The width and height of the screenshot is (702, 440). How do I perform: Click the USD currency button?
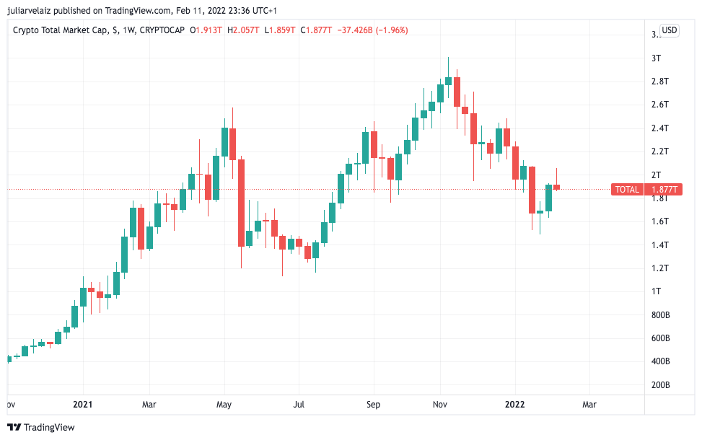(670, 30)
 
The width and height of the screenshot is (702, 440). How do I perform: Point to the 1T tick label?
(655, 291)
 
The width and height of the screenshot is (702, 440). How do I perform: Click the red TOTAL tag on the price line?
(626, 190)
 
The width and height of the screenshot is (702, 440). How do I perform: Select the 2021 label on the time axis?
(83, 405)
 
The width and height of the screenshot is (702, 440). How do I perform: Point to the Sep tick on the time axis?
(373, 405)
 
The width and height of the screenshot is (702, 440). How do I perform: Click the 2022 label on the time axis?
(514, 405)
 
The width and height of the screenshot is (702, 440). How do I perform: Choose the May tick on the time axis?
(224, 405)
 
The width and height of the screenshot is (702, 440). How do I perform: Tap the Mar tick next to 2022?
(589, 405)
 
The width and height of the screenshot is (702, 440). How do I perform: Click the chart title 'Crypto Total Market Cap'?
(61, 30)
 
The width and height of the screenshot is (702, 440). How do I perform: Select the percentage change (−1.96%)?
(390, 30)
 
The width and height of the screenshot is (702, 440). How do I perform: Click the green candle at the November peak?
(449, 80)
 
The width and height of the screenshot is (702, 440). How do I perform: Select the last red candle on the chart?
(556, 187)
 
